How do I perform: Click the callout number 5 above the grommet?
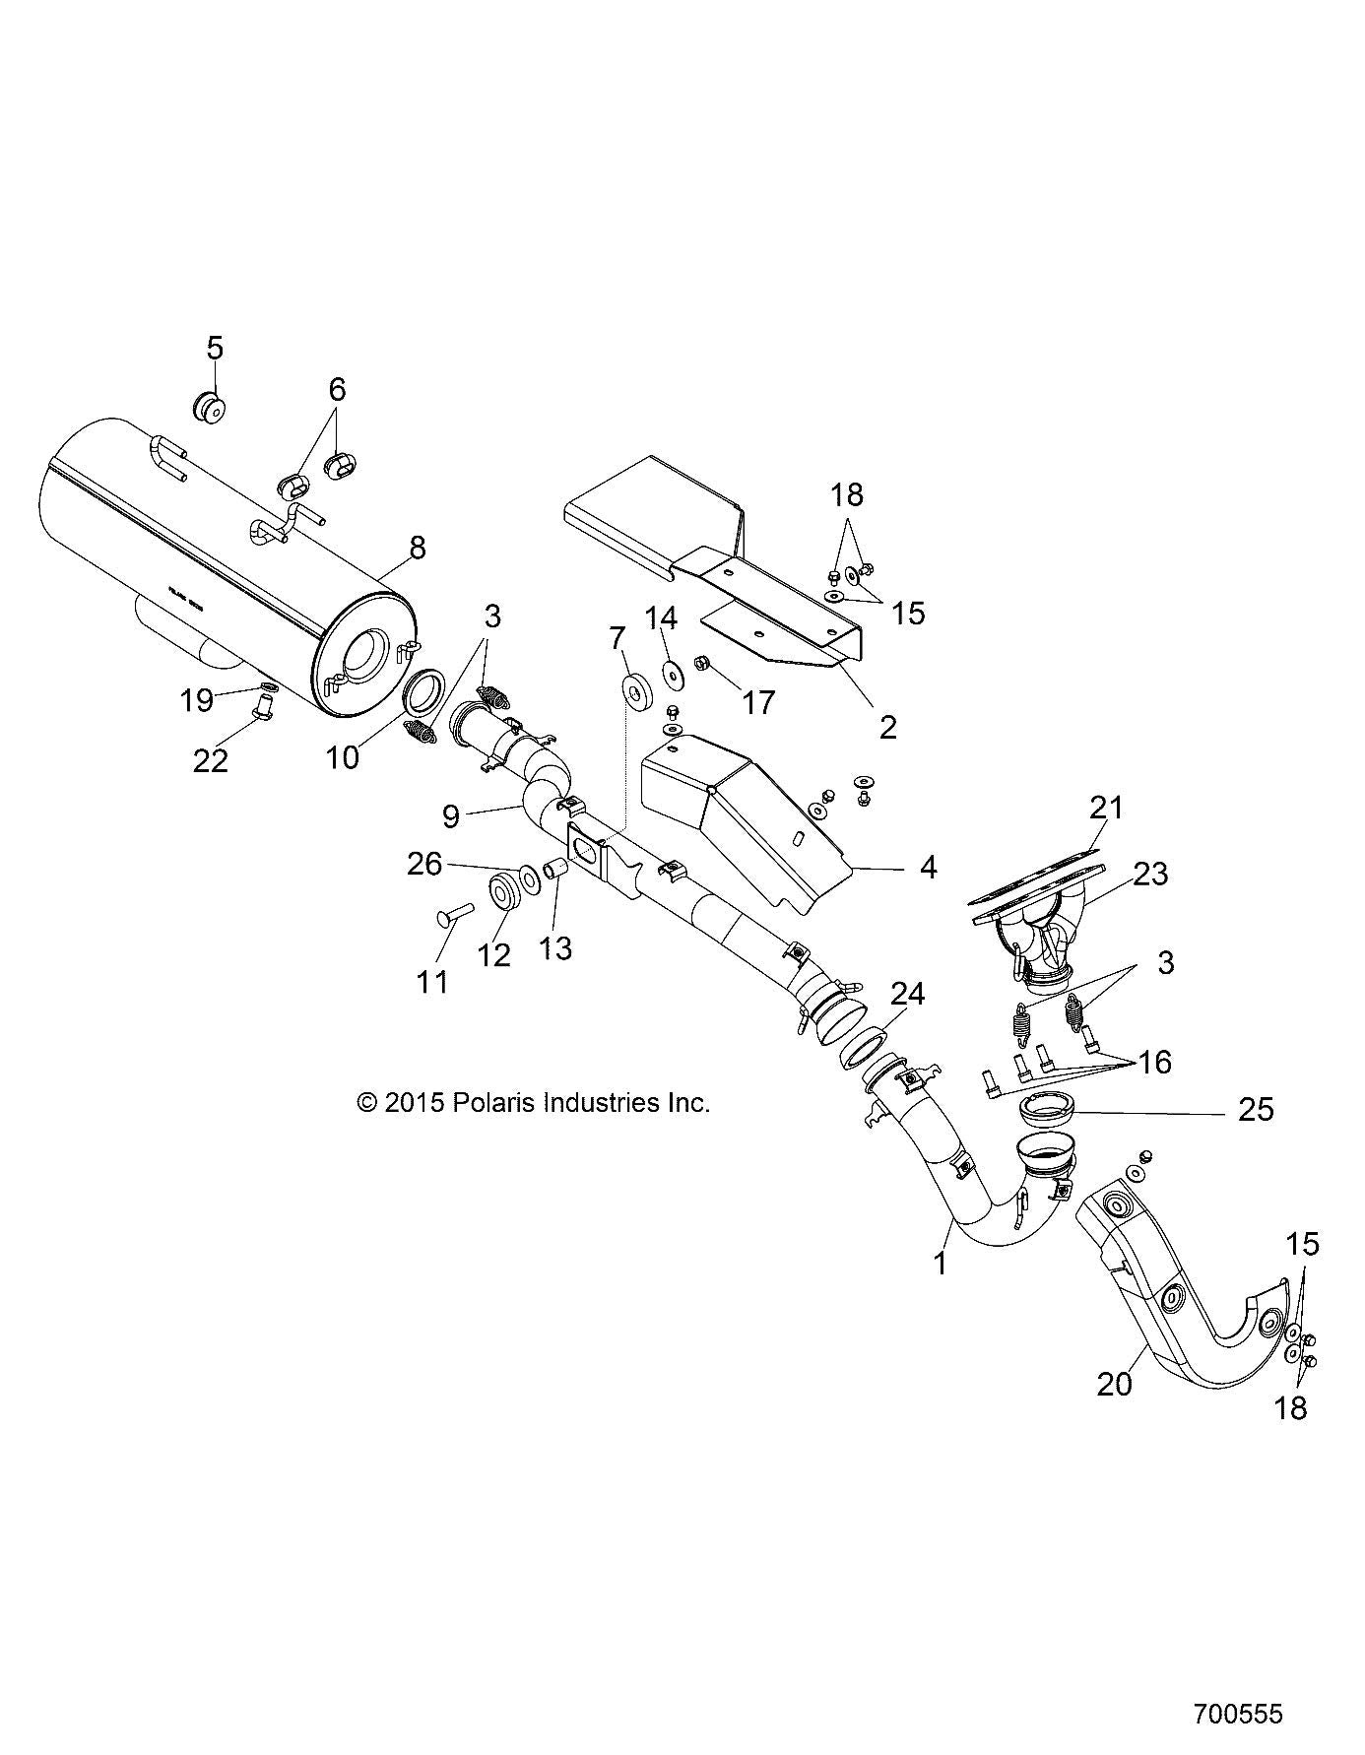(x=215, y=348)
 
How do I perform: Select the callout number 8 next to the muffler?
(x=417, y=548)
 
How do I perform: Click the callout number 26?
(x=425, y=864)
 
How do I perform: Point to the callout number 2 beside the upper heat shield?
(x=887, y=727)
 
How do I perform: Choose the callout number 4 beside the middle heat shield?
(x=927, y=868)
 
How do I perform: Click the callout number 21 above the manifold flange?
(x=1106, y=808)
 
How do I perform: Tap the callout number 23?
(x=1149, y=874)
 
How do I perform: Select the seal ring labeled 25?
(x=1046, y=1110)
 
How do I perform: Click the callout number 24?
(x=907, y=995)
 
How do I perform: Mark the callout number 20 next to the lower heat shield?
(x=1115, y=1383)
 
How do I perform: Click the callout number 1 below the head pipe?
(x=940, y=1263)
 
